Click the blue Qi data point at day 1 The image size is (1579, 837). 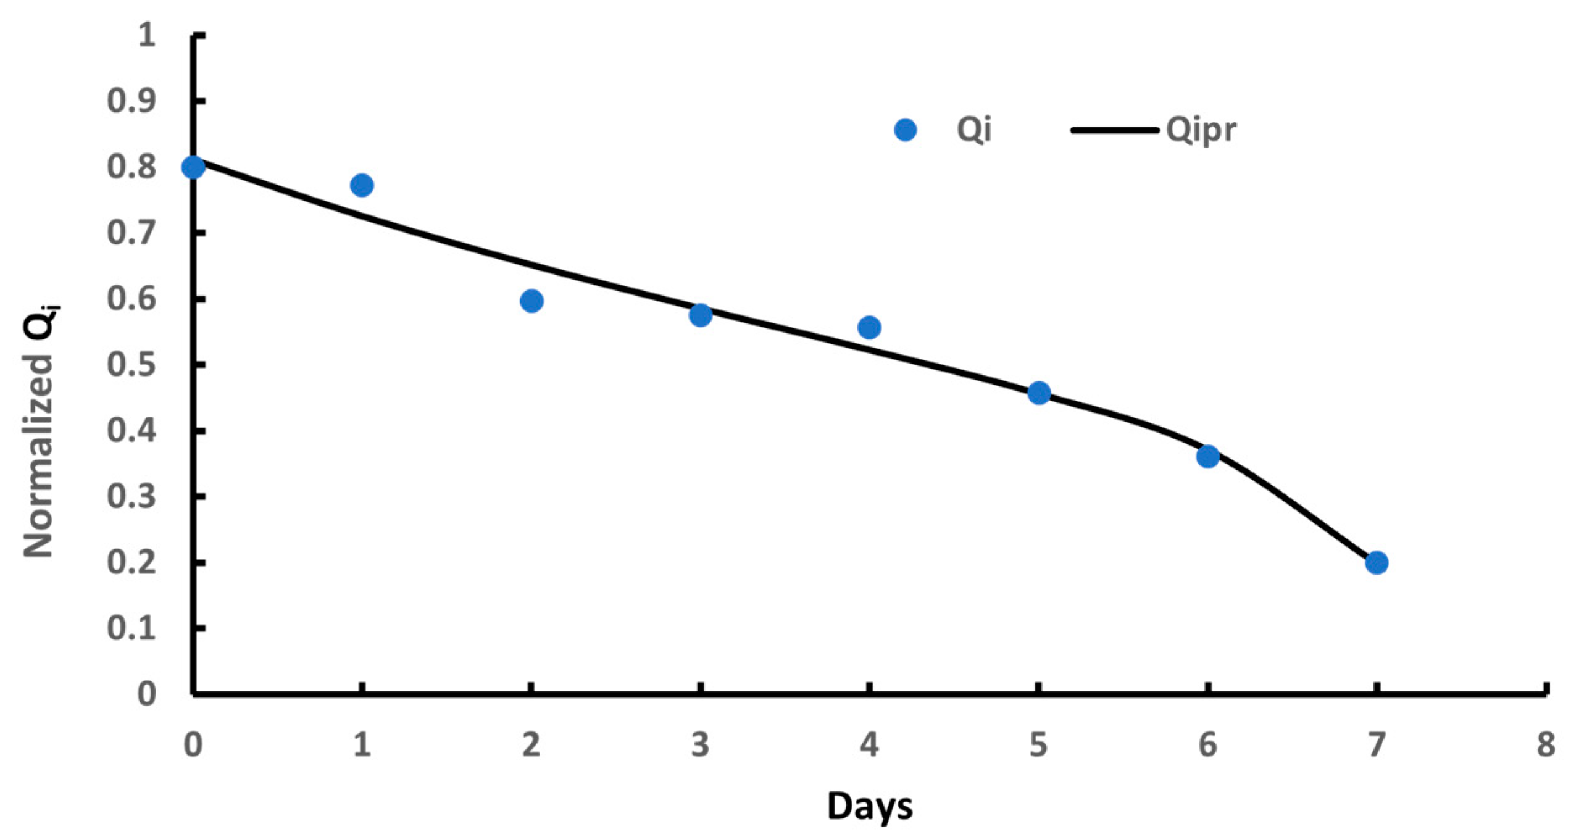(x=362, y=185)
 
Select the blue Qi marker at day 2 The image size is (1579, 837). (x=531, y=301)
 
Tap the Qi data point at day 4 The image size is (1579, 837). (x=869, y=327)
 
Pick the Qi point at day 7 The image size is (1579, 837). (x=1377, y=562)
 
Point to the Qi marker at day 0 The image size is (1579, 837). (x=193, y=167)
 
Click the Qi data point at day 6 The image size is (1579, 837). (x=1207, y=457)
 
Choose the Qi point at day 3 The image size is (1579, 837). (x=700, y=315)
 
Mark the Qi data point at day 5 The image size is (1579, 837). (x=1039, y=393)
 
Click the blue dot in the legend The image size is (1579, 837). (x=905, y=130)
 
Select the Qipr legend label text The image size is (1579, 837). (x=1201, y=130)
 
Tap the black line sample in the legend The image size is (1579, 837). (x=1114, y=130)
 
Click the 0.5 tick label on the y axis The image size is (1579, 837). (x=131, y=365)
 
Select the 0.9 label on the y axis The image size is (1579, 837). (x=131, y=101)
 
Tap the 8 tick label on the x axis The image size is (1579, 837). (x=1545, y=745)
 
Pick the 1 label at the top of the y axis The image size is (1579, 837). (x=146, y=35)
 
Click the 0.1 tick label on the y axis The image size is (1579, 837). (x=131, y=628)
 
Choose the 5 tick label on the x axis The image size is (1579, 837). (x=1039, y=745)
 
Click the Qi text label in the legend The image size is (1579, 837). (x=973, y=130)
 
